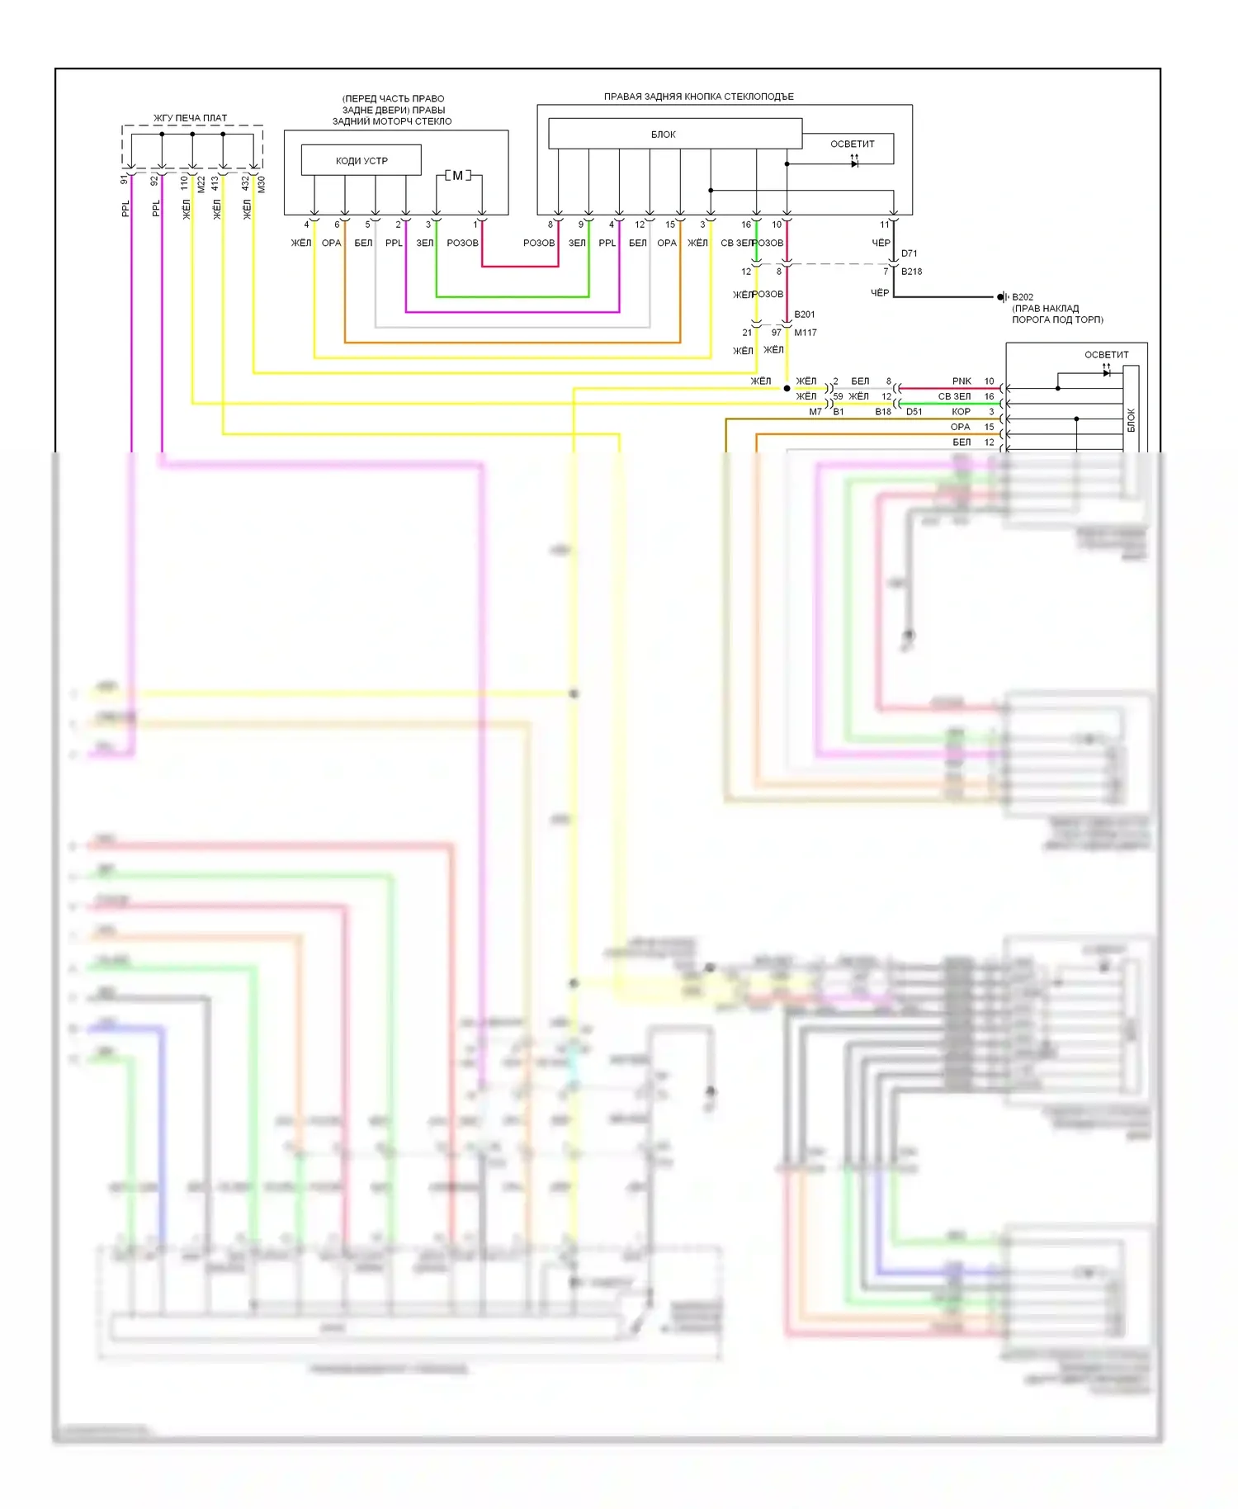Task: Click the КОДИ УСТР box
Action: pyautogui.click(x=361, y=160)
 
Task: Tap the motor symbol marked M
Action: pyautogui.click(x=458, y=176)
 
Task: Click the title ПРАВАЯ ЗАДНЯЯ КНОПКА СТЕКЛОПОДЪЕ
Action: pyautogui.click(x=698, y=97)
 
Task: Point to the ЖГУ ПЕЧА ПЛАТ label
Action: pyautogui.click(x=190, y=118)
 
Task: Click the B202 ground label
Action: pyautogui.click(x=1023, y=297)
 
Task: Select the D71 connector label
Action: pyautogui.click(x=909, y=253)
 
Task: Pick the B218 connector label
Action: pyautogui.click(x=911, y=272)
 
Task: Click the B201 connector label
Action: pyautogui.click(x=804, y=315)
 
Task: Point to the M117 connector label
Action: pyautogui.click(x=806, y=333)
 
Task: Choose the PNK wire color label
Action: pyautogui.click(x=962, y=381)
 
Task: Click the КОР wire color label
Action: pyautogui.click(x=961, y=412)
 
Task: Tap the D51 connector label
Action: pyautogui.click(x=914, y=412)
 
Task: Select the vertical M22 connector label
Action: pyautogui.click(x=201, y=184)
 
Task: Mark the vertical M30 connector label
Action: pyautogui.click(x=261, y=184)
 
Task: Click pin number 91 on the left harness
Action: pyautogui.click(x=125, y=179)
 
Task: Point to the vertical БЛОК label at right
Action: pyautogui.click(x=1131, y=420)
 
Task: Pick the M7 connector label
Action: pyautogui.click(x=815, y=412)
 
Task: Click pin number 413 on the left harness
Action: pyautogui.click(x=215, y=182)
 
